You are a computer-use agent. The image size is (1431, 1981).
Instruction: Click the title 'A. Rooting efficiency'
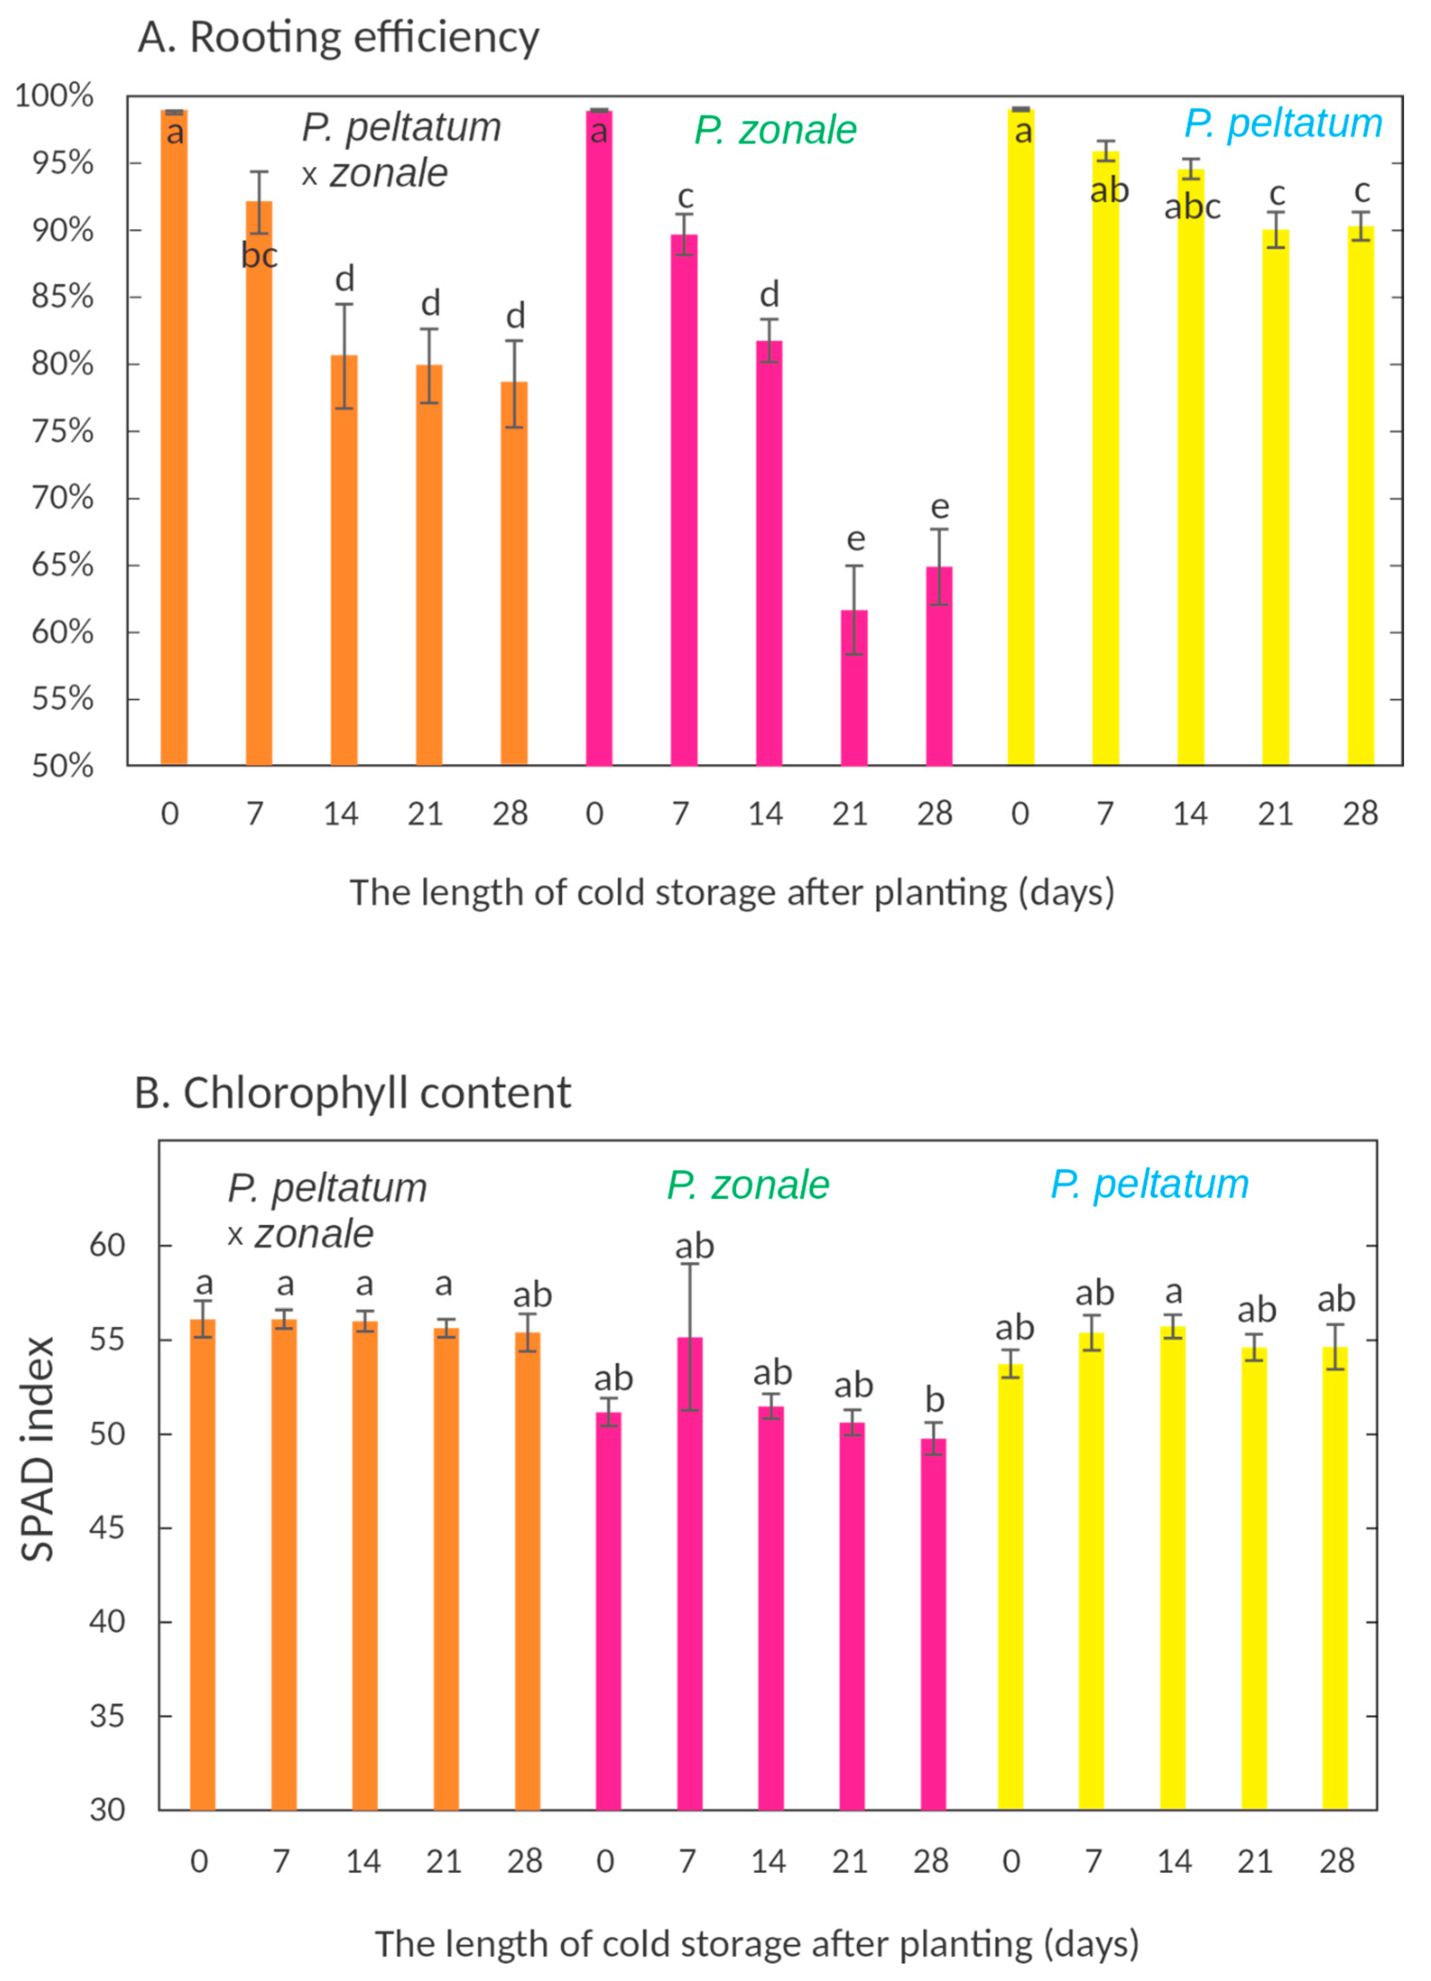338,38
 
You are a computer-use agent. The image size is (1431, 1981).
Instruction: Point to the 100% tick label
54,95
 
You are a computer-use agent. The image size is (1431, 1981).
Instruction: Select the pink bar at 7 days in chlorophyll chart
689,1572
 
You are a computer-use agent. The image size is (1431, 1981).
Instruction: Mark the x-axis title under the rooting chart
732,893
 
